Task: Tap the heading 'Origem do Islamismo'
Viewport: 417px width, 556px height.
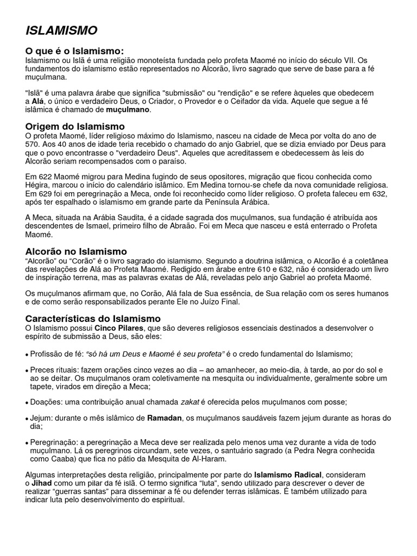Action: click(75, 127)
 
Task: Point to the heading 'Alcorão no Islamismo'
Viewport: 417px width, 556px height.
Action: click(77, 251)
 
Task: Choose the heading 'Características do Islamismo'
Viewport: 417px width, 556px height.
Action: click(93, 318)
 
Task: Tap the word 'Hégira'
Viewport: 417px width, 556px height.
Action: click(37, 185)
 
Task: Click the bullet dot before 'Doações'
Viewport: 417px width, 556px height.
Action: click(27, 403)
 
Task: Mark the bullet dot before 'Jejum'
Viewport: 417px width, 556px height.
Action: click(27, 420)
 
